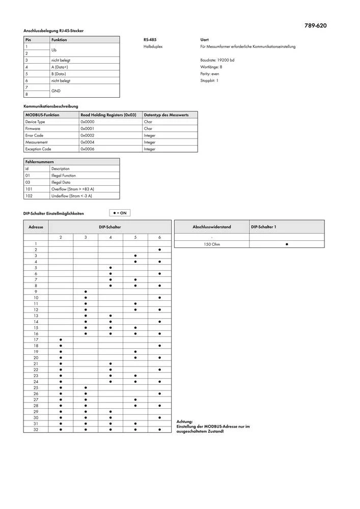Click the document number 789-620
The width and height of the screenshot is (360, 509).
click(316, 25)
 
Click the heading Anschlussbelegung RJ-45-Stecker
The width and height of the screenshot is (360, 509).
click(53, 31)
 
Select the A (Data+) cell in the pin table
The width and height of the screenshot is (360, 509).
click(60, 67)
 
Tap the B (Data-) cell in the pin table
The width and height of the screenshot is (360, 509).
click(59, 74)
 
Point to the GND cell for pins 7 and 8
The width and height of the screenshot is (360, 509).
click(56, 91)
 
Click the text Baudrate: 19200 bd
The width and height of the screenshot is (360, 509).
click(217, 60)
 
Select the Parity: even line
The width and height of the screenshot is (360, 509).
click(210, 74)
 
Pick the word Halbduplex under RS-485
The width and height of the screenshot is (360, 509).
click(153, 47)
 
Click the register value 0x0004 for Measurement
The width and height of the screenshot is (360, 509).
click(87, 143)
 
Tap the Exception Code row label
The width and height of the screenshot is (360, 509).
click(38, 149)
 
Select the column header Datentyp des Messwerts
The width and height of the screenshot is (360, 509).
click(167, 115)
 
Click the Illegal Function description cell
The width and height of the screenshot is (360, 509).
click(64, 175)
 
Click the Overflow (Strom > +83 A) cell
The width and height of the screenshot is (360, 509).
click(72, 189)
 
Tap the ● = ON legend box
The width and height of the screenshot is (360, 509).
click(120, 213)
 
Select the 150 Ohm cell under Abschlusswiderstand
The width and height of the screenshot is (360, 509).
click(211, 244)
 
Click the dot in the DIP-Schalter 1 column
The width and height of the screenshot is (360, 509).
click(287, 244)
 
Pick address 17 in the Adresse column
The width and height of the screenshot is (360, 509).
click(36, 340)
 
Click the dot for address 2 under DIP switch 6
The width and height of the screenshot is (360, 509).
click(160, 250)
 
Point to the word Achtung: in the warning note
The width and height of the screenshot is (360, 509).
click(184, 422)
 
